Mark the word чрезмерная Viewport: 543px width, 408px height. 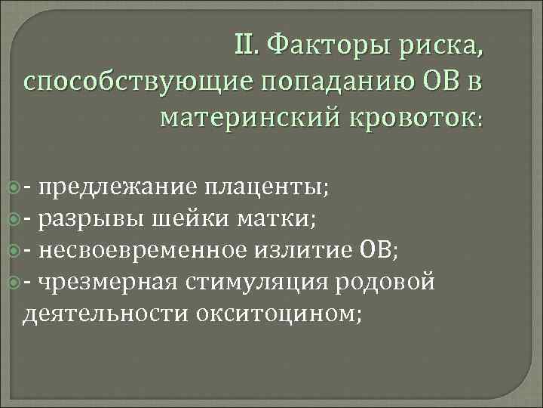click(x=106, y=282)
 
